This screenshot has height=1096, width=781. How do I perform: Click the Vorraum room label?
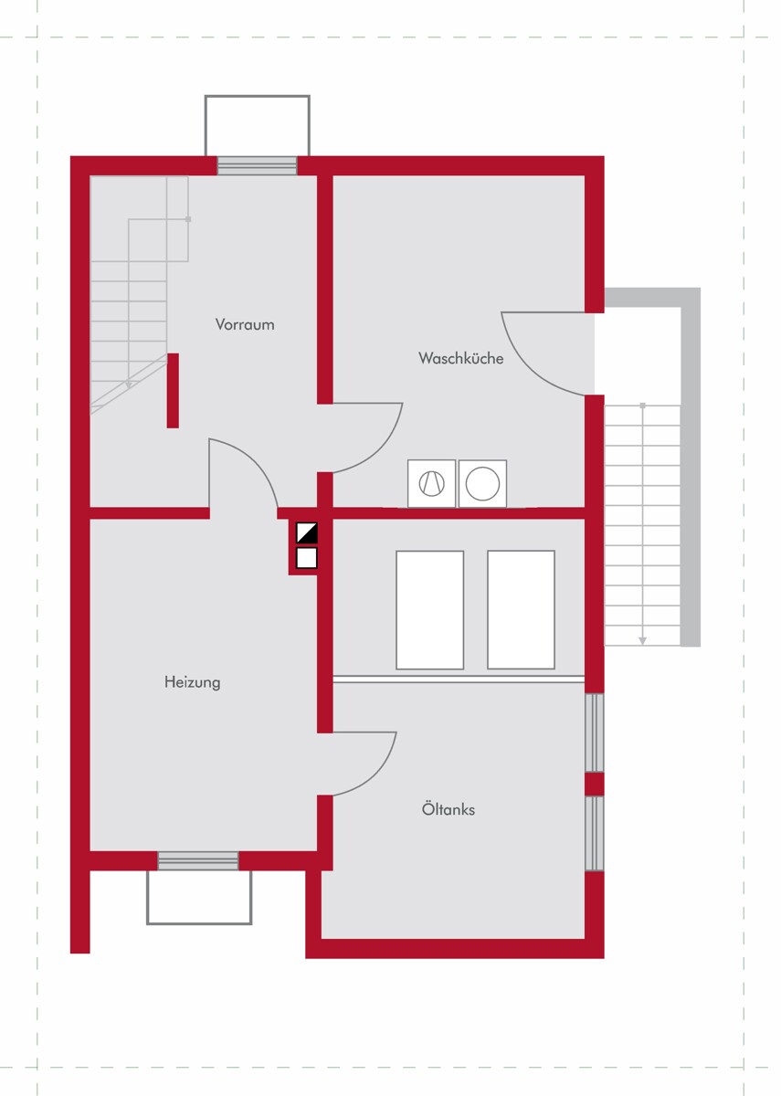245,324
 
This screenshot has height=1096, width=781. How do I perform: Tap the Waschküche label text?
461,358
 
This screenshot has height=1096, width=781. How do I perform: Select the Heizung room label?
193,682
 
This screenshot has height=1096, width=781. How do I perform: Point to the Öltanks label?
449,809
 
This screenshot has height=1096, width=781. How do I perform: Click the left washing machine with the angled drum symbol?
431,483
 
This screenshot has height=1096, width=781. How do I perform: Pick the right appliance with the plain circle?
482,483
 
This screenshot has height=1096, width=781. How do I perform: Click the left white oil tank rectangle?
429,610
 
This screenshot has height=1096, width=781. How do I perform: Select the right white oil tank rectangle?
521,610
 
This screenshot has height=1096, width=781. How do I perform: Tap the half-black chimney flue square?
307,532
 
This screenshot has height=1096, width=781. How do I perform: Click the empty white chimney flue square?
307,558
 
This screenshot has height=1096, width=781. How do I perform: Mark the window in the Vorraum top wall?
257,165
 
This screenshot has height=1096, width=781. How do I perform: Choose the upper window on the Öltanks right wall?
595,732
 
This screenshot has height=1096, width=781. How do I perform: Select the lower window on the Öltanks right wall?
595,834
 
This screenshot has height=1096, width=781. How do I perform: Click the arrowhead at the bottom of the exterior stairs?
642,640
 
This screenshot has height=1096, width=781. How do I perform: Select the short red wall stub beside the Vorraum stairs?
173,391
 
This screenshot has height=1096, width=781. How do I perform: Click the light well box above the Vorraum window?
257,126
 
